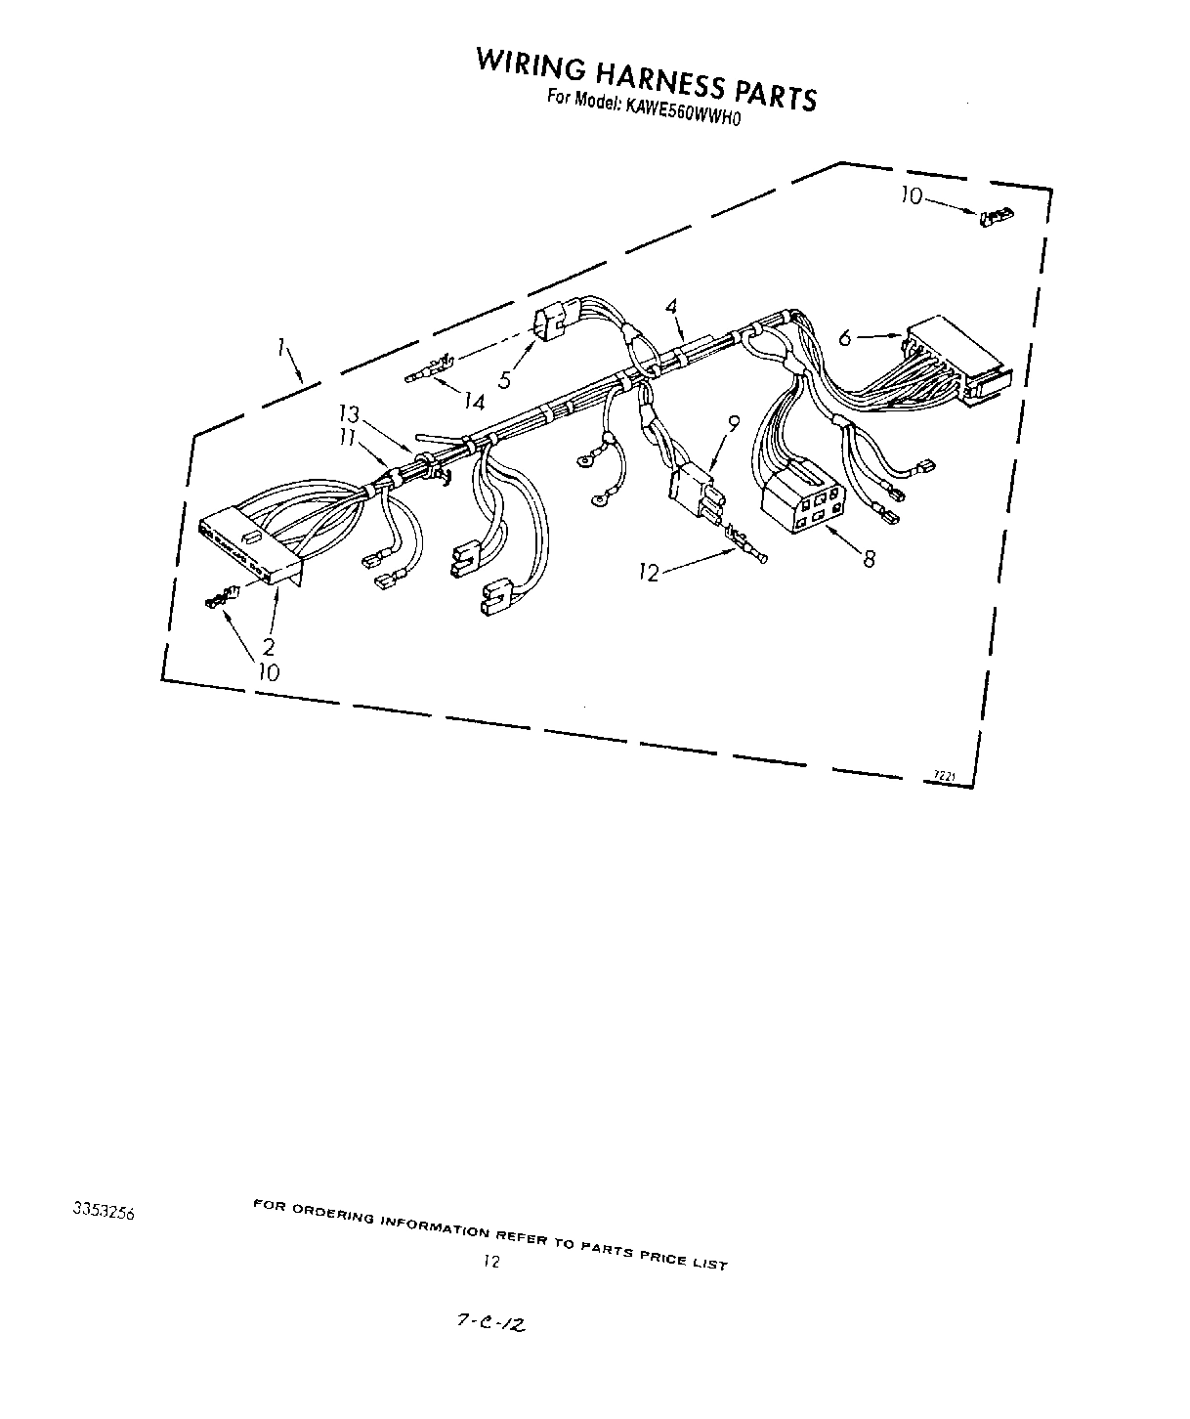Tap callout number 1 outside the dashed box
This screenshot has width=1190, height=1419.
click(x=281, y=346)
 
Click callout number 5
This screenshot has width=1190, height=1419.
click(x=505, y=379)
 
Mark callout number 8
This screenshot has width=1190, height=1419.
click(x=869, y=559)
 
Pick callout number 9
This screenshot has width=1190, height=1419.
click(x=734, y=422)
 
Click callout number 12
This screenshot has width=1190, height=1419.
click(x=650, y=574)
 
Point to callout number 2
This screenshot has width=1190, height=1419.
click(x=269, y=646)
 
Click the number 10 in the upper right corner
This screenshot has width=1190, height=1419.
click(x=911, y=196)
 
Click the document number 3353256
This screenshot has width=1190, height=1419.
click(x=103, y=1212)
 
